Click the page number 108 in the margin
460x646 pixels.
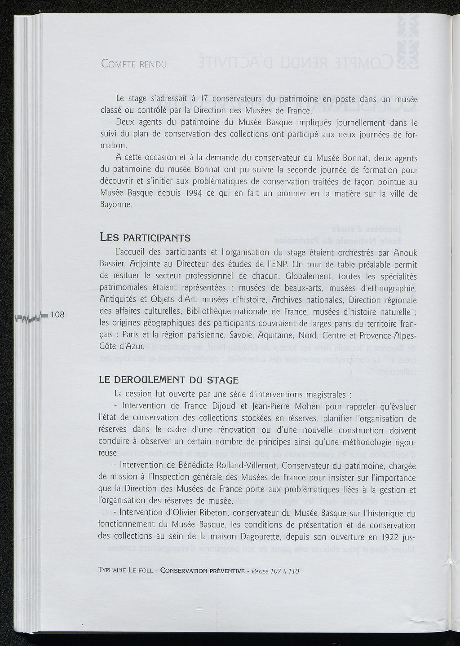click(x=57, y=315)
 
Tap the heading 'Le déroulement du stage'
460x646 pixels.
click(x=168, y=380)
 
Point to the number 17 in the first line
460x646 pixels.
click(x=205, y=99)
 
